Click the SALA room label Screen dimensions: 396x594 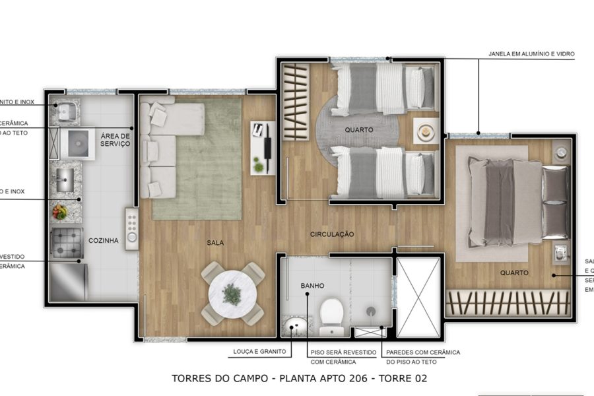(x=214, y=243)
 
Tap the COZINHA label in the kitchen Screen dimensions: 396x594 (x=104, y=241)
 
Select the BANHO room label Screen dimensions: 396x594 (x=312, y=286)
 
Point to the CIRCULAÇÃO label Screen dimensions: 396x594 (x=333, y=234)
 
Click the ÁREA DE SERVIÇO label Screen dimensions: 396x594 (x=115, y=140)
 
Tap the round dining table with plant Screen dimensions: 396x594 (x=232, y=293)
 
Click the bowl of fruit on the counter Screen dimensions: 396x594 (x=61, y=212)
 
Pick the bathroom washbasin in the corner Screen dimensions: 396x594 (x=295, y=325)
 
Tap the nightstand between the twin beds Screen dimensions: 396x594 (x=426, y=131)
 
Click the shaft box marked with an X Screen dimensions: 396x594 (x=418, y=297)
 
